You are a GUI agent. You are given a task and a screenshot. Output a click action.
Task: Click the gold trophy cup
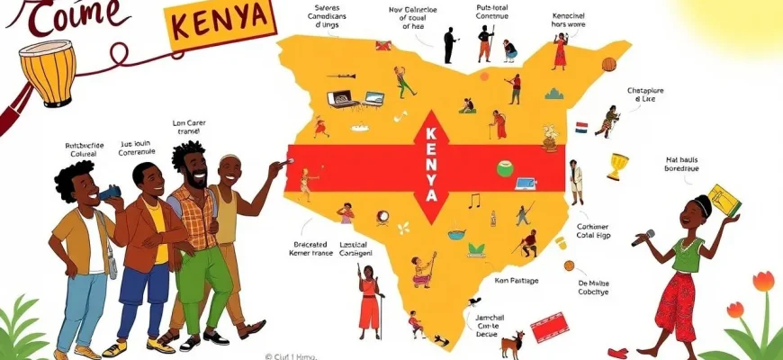pos(617,166)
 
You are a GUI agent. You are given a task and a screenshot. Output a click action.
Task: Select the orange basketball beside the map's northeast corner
pos(609,64)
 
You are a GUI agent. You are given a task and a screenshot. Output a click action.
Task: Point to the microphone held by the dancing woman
pos(645,238)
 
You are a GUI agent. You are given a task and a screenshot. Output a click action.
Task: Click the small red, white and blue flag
pos(581,128)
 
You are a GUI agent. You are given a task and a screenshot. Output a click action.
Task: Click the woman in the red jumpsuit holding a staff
pos(370,302)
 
